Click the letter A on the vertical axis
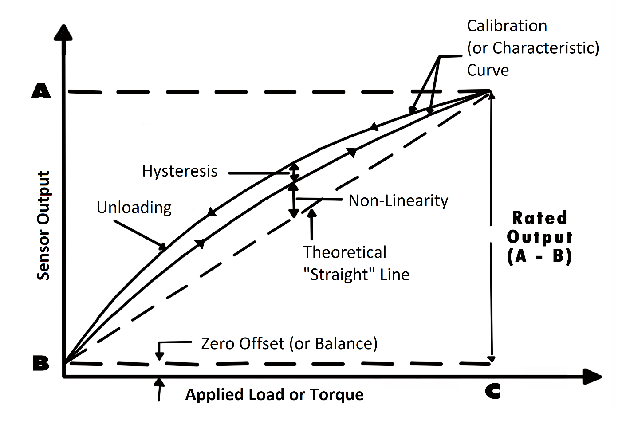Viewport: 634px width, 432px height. coord(41,91)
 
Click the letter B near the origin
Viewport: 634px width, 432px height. coord(41,364)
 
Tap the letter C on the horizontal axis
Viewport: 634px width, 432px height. coord(492,391)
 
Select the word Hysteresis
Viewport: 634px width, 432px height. coord(180,171)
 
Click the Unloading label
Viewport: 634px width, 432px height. coord(134,208)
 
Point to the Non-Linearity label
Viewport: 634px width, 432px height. coord(398,201)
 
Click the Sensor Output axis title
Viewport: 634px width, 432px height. coord(43,225)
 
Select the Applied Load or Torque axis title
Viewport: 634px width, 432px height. coord(274,394)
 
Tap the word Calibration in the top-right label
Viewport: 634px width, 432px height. coord(507,26)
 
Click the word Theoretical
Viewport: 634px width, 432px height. coord(345,252)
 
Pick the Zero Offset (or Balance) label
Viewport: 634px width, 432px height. coord(289,344)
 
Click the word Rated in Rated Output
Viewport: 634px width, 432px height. coord(539,218)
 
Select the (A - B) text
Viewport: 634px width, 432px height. coord(539,256)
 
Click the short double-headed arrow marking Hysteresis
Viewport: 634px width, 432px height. coord(294,173)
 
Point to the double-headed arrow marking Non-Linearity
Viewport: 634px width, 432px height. coord(293,200)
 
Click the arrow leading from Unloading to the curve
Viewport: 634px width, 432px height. coord(140,234)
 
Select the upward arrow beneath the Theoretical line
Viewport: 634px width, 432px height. coord(312,224)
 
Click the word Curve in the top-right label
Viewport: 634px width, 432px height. coord(488,70)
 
